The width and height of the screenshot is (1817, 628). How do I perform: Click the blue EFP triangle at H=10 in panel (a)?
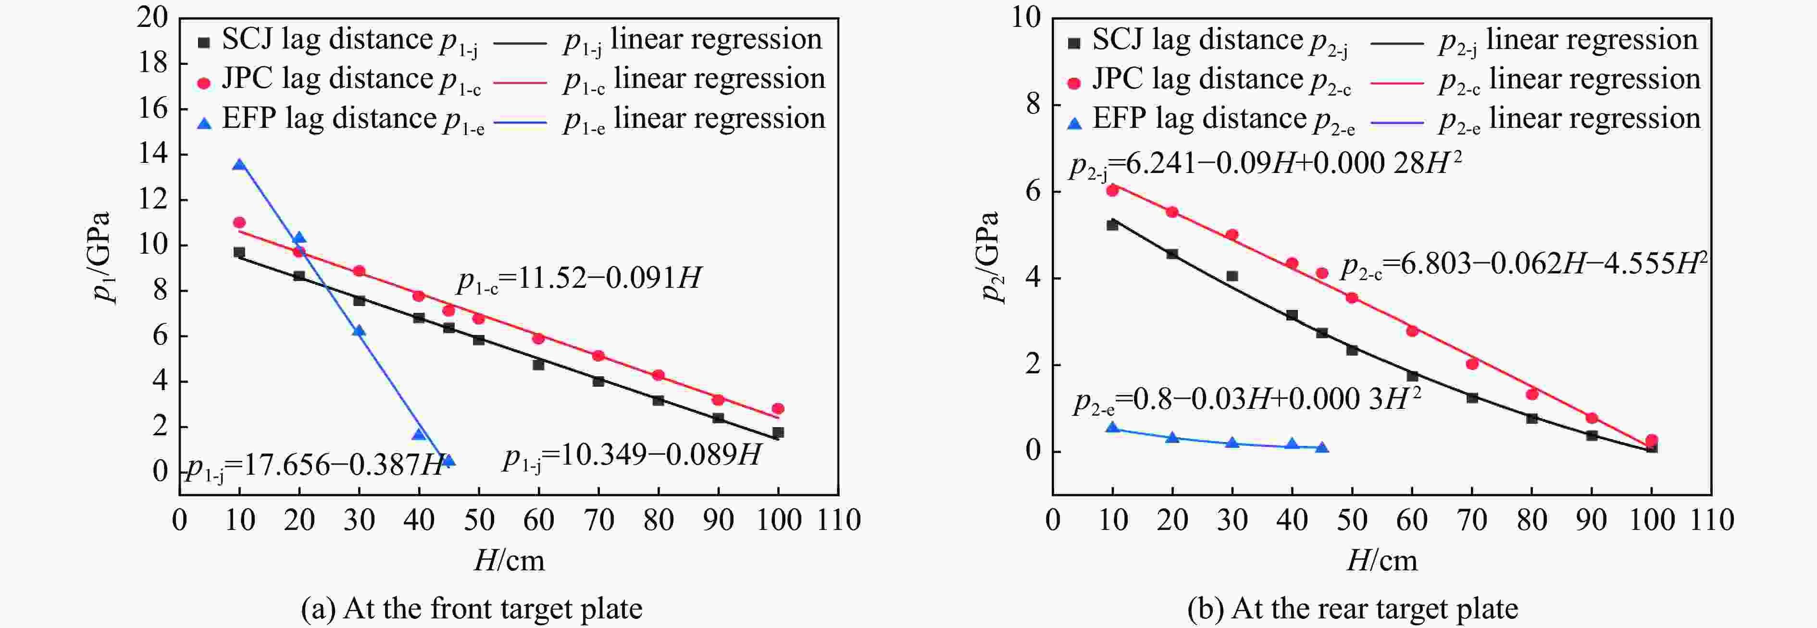[239, 164]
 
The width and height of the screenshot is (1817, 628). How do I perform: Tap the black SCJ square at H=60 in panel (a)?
[538, 364]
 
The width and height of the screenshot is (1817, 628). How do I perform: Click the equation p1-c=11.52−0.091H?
[578, 279]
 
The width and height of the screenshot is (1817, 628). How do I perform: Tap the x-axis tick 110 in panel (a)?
[839, 520]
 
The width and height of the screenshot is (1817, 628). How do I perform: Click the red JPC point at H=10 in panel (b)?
[1112, 190]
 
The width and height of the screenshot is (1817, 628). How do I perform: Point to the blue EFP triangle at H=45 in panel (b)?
[1322, 447]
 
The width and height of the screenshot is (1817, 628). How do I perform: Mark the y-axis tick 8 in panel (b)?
[1033, 104]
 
